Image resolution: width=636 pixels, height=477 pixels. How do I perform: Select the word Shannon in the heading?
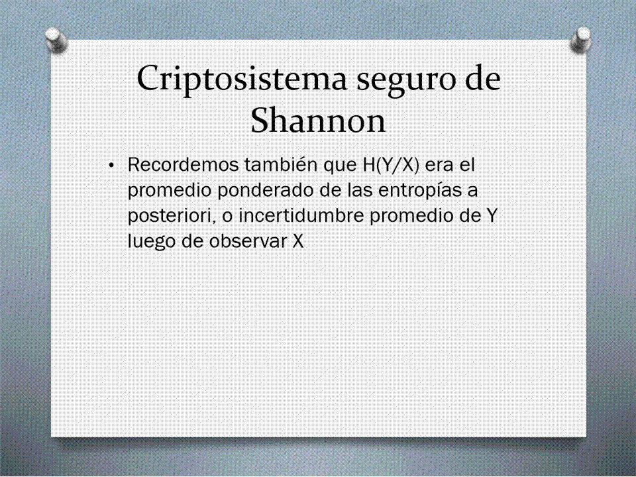pos(318,120)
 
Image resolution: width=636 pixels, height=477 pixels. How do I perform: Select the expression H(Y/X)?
pos(389,166)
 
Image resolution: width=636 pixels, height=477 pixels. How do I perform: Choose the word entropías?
pos(419,191)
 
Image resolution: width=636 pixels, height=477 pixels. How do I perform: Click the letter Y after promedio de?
pos(491,216)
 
